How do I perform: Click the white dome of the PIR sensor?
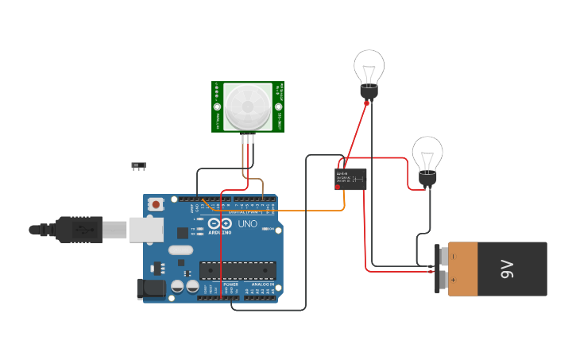click(x=247, y=106)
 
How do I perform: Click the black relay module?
click(x=350, y=178)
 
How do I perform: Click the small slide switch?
click(x=139, y=165)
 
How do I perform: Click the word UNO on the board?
click(x=247, y=224)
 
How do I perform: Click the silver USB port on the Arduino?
click(x=146, y=229)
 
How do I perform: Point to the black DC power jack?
click(x=151, y=288)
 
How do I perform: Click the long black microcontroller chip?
click(x=238, y=270)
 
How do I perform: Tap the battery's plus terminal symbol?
click(x=454, y=280)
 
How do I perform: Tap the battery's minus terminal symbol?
click(x=454, y=257)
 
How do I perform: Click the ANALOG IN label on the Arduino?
click(x=263, y=284)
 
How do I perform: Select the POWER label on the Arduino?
click(x=231, y=284)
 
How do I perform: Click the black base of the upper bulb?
click(x=369, y=91)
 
